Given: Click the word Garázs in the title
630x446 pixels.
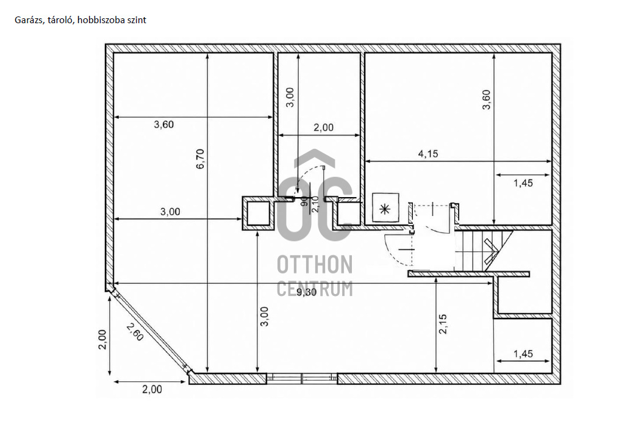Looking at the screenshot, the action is [29, 21].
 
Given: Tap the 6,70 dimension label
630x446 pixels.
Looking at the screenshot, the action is [201, 159].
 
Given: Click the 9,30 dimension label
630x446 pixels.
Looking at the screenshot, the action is [307, 292].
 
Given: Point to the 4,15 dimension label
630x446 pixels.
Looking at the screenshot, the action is [428, 154].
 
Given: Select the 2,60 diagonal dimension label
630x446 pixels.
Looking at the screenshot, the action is [135, 332].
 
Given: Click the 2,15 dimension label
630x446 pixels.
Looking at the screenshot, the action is [443, 324].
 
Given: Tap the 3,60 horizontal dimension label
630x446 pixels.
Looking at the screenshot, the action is [164, 124].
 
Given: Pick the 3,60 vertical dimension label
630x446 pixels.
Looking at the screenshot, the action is [486, 99].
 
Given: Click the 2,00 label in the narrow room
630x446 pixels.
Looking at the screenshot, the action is [323, 128].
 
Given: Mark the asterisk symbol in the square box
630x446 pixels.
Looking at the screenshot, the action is [385, 209].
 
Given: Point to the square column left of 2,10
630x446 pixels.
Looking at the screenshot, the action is [258, 213].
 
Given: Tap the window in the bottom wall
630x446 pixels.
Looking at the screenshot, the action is [302, 378].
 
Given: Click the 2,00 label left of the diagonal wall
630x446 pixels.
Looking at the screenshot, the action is [102, 339].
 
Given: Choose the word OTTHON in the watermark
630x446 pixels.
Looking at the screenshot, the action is [315, 264].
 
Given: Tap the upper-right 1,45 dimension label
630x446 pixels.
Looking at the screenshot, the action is [523, 183].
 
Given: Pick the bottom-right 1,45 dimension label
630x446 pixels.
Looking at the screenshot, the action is [523, 354].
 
